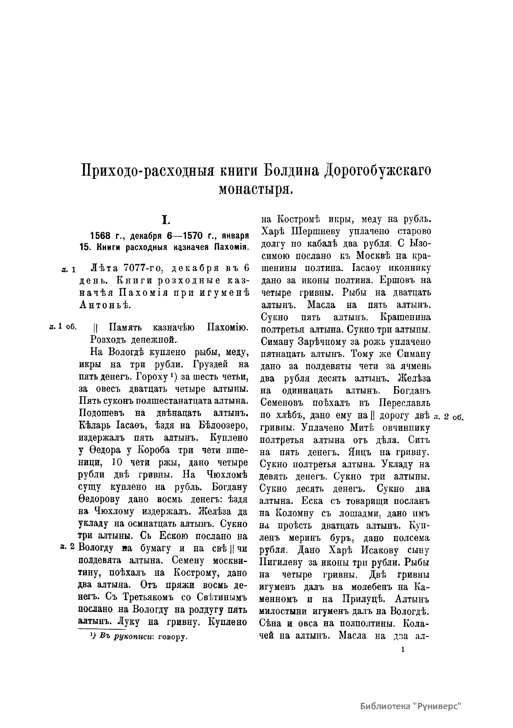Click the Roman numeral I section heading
tap(165, 220)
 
